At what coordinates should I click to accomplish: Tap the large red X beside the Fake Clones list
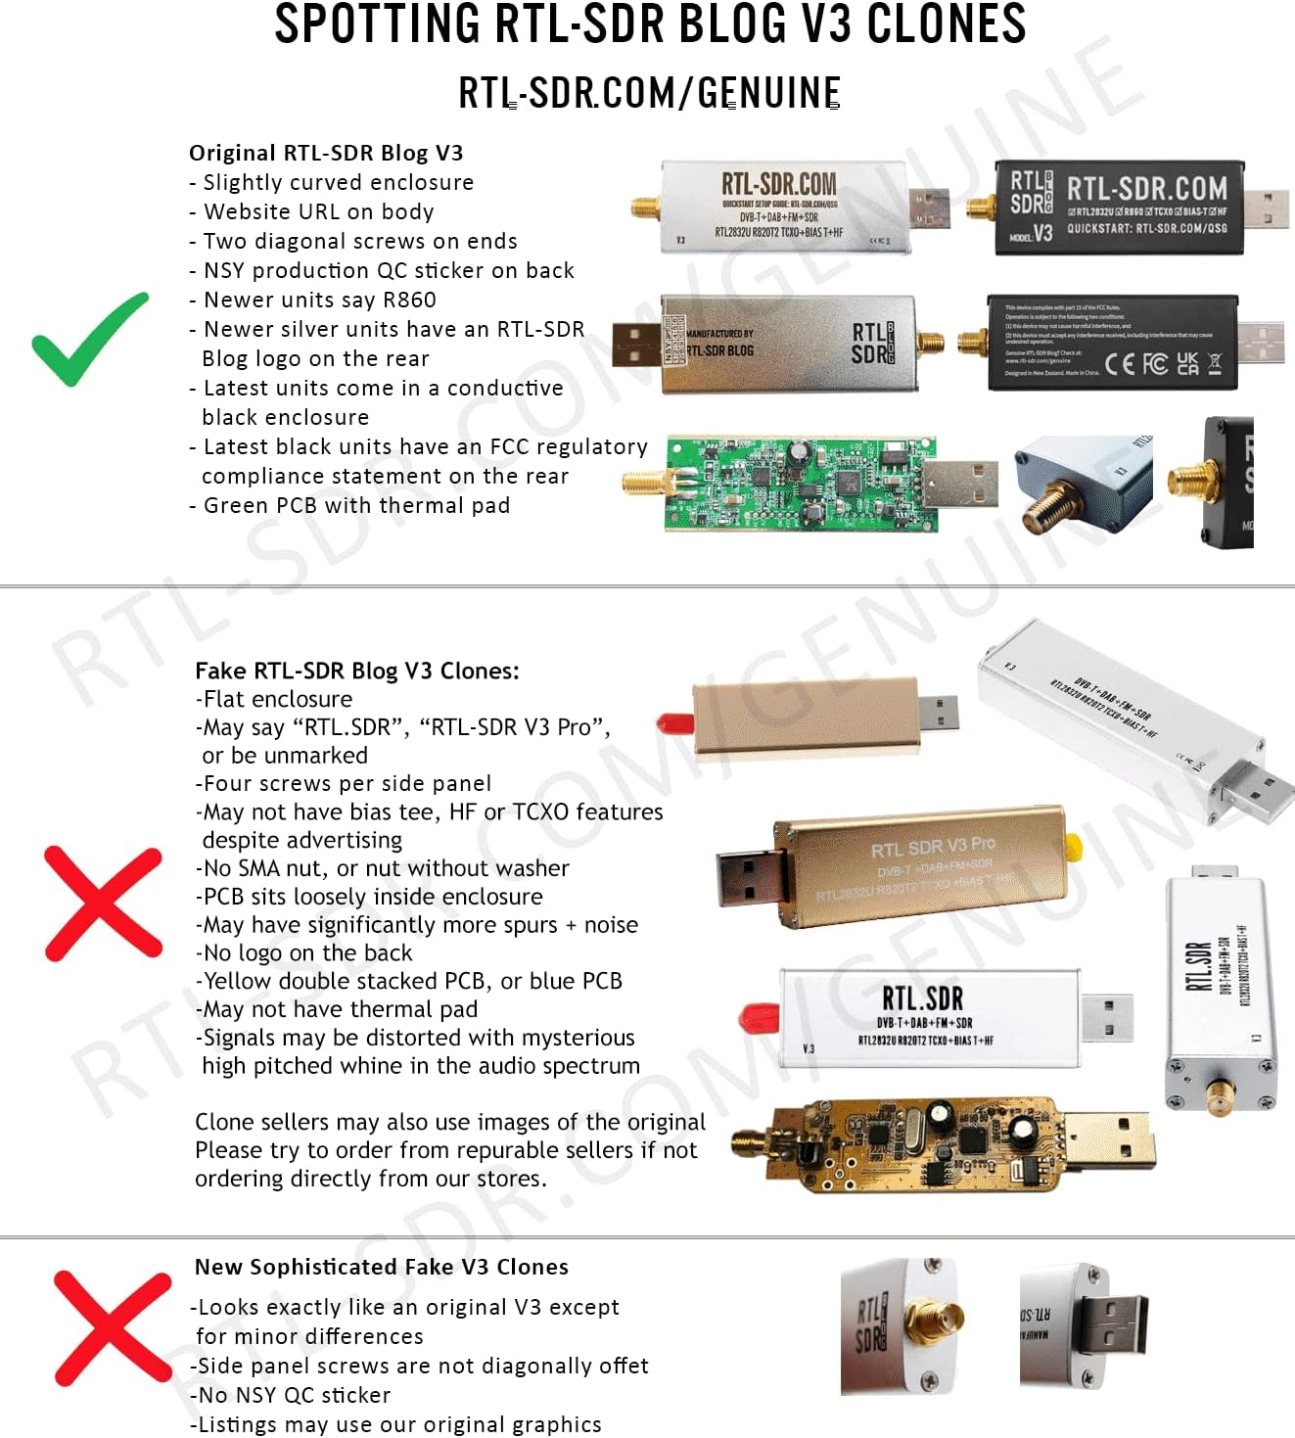[103, 904]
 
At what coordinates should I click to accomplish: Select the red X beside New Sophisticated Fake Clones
[112, 1327]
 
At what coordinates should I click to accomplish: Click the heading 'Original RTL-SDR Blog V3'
[326, 153]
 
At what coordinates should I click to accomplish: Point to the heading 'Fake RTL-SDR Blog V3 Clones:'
[357, 671]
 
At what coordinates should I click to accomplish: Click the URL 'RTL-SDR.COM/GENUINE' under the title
[649, 93]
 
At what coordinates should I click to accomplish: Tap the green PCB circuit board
[798, 484]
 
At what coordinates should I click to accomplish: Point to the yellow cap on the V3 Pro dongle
[1074, 847]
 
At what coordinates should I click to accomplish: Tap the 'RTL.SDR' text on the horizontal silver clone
[922, 998]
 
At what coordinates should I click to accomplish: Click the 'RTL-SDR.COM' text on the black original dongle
[1146, 188]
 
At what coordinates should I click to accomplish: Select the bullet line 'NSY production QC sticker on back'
[388, 271]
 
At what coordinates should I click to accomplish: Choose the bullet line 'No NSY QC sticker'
[294, 1395]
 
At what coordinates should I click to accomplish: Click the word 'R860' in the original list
[409, 301]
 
